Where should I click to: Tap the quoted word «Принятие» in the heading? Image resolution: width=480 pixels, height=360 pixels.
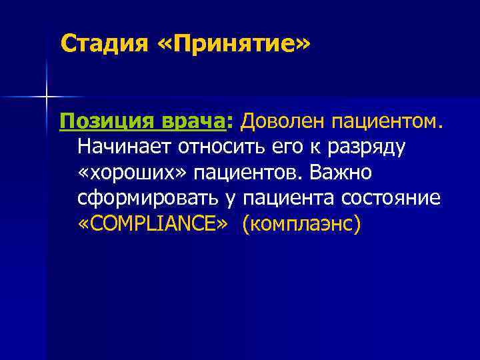(234, 45)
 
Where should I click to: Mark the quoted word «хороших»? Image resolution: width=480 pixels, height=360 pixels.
(132, 173)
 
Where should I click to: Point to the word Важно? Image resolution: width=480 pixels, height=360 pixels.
(341, 173)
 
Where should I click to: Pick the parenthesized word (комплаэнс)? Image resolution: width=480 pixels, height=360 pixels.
(301, 223)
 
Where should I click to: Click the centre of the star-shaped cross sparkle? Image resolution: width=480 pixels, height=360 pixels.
(47, 97)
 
